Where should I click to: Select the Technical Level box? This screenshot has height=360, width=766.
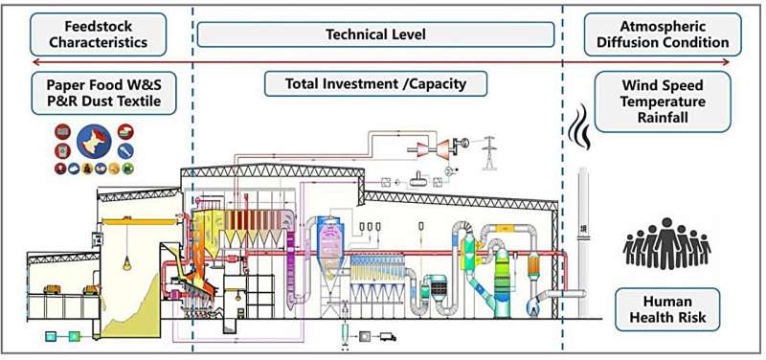click(374, 34)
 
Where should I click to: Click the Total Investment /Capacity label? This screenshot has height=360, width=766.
click(375, 83)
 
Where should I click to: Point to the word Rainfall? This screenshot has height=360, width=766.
click(662, 118)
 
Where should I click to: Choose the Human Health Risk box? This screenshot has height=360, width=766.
click(668, 309)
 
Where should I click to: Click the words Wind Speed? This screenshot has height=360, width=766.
click(662, 85)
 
